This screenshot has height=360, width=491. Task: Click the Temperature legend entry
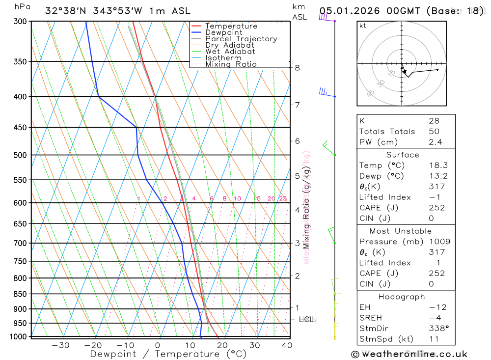[x=231, y=26]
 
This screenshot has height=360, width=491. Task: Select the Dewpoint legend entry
[x=223, y=32]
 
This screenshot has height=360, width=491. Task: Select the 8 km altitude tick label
[x=298, y=68]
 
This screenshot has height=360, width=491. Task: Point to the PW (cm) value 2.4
[x=435, y=142]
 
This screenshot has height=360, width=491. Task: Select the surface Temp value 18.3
[x=438, y=166]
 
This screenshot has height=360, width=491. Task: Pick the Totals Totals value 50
[x=434, y=131]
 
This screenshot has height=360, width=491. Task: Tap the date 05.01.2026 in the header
[x=348, y=11]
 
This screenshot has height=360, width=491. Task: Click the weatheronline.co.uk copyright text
[x=409, y=354]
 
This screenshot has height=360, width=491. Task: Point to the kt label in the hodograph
[x=363, y=26]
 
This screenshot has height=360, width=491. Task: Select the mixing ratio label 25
[x=283, y=198]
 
